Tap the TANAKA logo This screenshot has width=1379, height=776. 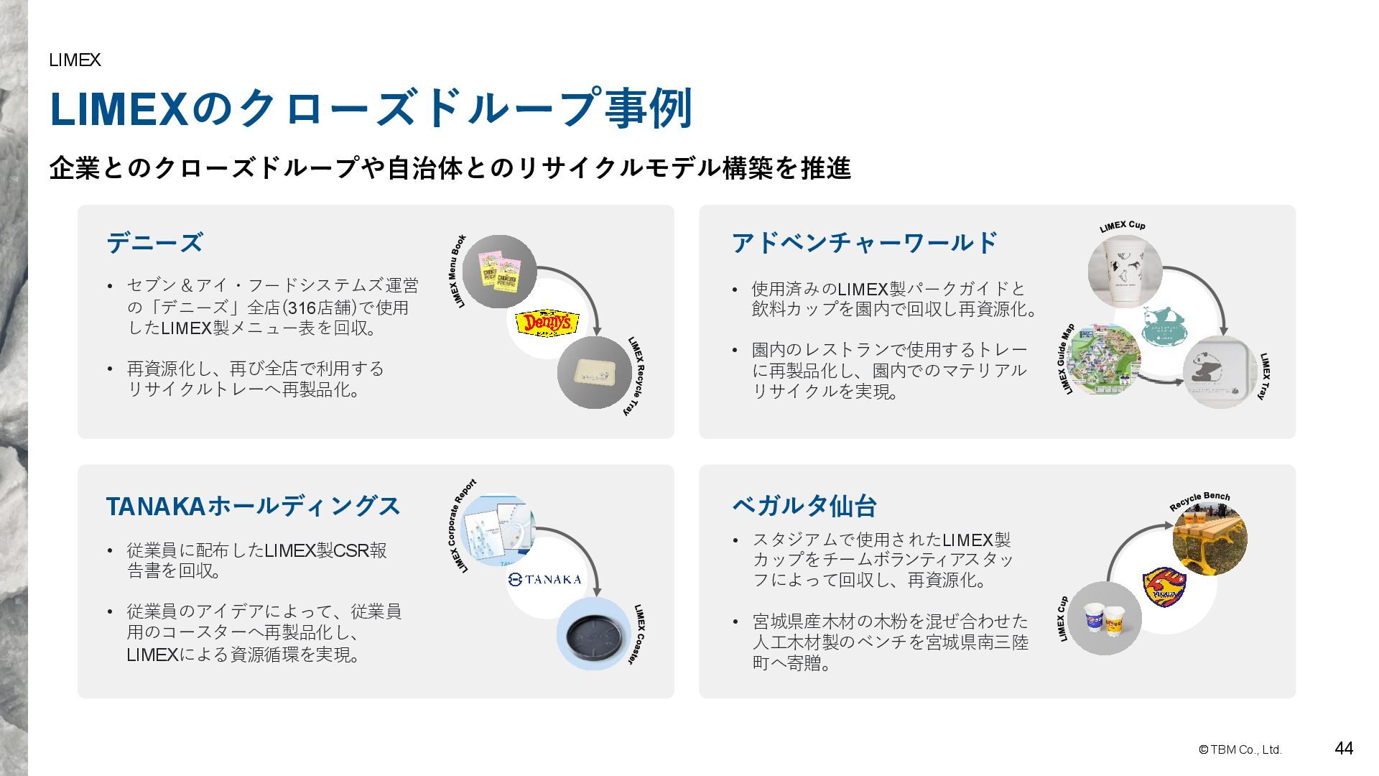coord(545,579)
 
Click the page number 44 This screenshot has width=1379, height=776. coord(1343,749)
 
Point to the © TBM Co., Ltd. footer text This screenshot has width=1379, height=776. coord(1240,749)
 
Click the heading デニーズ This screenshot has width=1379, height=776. coord(154,243)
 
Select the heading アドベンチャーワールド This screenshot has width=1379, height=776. coord(865,243)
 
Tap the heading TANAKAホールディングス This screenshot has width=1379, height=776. coord(253,506)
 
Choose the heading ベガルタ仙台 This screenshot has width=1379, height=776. coord(804,506)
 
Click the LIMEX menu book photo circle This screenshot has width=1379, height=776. coord(499,272)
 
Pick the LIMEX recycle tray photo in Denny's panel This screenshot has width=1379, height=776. coord(594,372)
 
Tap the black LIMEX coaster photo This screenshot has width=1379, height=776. coord(593,633)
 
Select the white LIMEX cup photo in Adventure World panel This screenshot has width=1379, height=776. coord(1124,270)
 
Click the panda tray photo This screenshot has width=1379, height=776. coord(1219,372)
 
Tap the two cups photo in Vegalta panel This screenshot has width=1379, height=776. coord(1104,619)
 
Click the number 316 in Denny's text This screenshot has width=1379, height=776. coord(302,308)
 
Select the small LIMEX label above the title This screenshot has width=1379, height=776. coord(75,60)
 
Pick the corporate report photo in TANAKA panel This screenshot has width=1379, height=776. coord(498,530)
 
